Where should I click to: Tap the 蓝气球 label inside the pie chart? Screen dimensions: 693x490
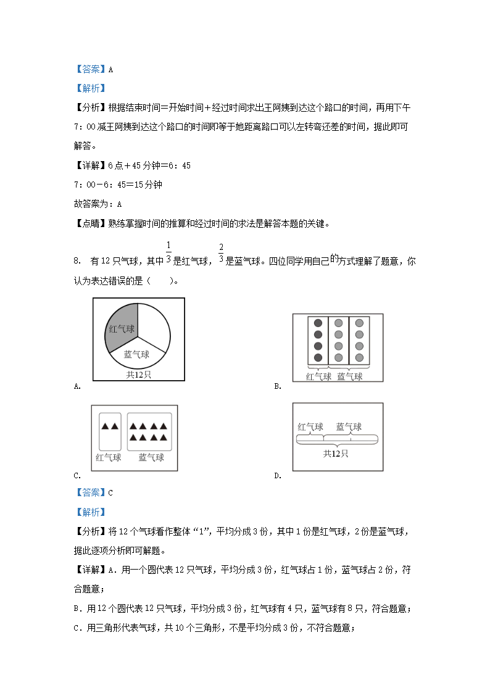[136, 354]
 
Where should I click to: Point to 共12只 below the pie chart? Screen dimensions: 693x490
[138, 374]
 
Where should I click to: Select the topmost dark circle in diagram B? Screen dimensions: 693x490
[318, 323]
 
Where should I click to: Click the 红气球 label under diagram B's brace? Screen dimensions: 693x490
[318, 376]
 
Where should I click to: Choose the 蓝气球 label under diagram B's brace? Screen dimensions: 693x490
[349, 376]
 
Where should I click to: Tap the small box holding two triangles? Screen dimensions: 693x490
[110, 431]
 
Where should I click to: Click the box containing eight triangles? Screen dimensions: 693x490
[149, 431]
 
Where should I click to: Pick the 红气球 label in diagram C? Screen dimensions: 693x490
[109, 457]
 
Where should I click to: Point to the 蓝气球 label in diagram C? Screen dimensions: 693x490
[151, 457]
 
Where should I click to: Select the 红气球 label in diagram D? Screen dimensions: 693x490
[310, 426]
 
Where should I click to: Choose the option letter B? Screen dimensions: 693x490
[278, 386]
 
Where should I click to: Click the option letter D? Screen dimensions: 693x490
[278, 475]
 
